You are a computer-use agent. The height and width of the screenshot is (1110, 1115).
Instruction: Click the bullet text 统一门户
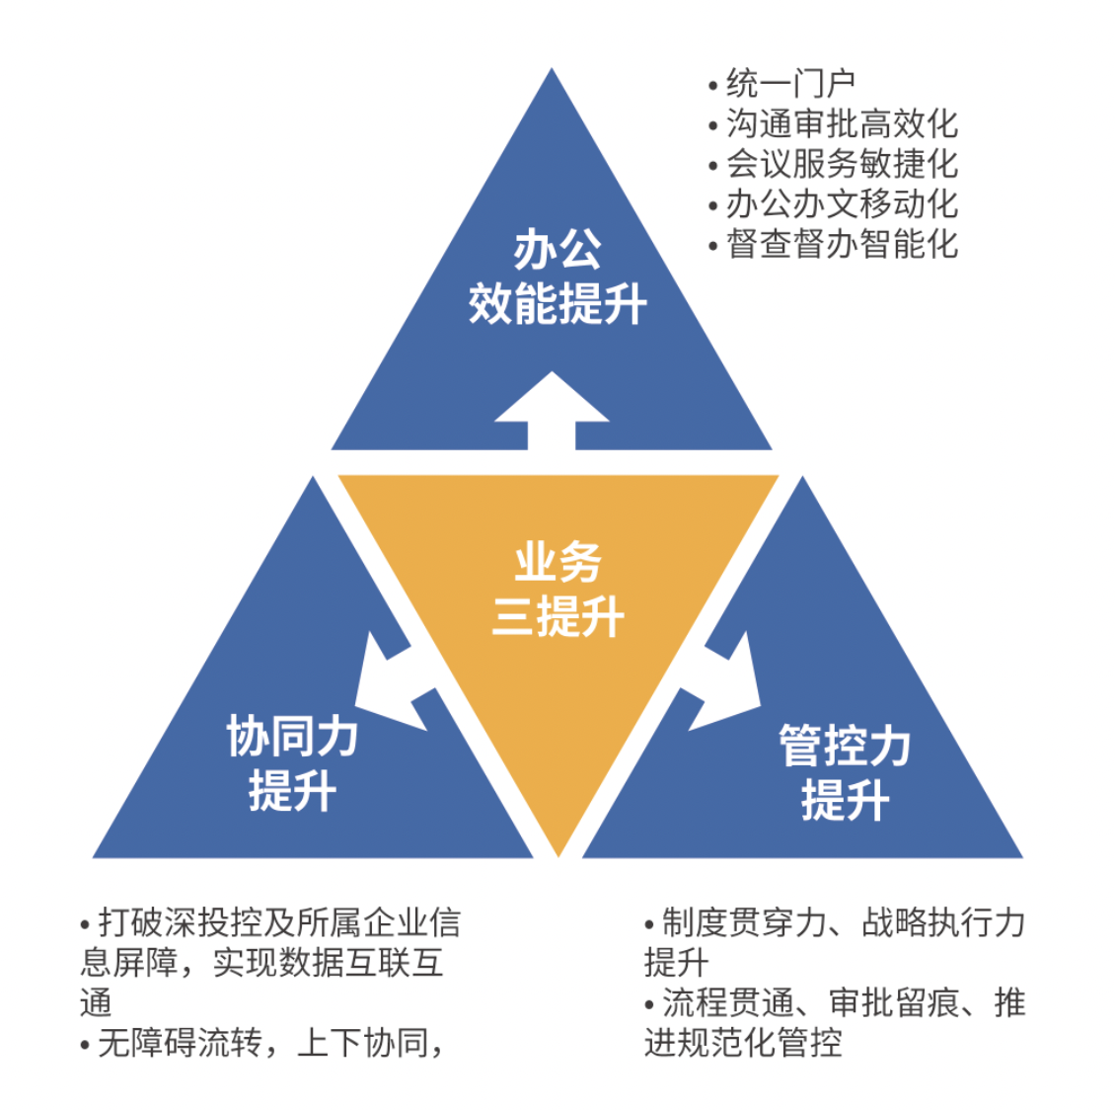click(790, 84)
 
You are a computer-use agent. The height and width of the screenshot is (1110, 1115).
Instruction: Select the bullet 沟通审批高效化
click(842, 123)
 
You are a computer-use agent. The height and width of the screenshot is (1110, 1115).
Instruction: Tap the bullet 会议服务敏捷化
click(842, 164)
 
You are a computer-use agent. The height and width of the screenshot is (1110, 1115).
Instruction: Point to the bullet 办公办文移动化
click(842, 204)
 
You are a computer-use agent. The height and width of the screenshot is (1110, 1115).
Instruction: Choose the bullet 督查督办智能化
click(842, 244)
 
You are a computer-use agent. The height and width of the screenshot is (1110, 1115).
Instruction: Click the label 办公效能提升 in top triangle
click(557, 277)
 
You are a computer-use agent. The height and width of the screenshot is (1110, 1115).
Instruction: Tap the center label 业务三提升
click(558, 589)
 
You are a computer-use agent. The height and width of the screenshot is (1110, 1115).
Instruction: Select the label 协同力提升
click(292, 763)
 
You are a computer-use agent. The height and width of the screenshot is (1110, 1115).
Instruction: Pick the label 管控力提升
click(845, 772)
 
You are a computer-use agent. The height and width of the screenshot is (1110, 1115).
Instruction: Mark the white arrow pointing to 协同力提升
click(393, 684)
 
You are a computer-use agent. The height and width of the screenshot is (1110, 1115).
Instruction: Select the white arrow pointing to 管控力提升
click(722, 684)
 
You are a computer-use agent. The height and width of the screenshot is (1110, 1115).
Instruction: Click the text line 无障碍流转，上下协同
click(270, 1043)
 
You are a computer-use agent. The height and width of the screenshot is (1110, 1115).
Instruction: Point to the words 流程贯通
click(728, 1003)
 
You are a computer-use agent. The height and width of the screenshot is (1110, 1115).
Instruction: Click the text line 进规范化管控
click(743, 1043)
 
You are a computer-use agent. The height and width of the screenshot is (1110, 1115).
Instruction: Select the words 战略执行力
click(943, 923)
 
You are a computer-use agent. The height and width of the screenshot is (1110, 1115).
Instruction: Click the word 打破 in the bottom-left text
click(131, 923)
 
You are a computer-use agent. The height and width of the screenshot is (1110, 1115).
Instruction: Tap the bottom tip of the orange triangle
click(558, 856)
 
